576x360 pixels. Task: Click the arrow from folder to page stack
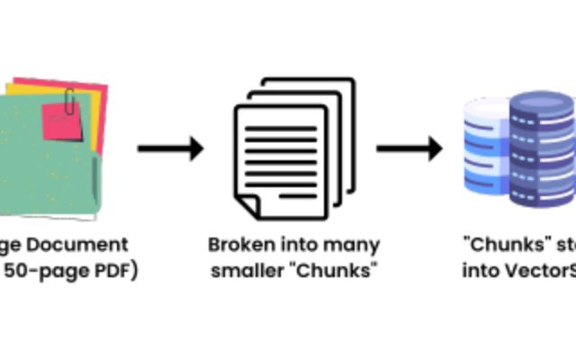click(x=170, y=148)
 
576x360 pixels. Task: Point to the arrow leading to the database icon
click(x=409, y=148)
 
